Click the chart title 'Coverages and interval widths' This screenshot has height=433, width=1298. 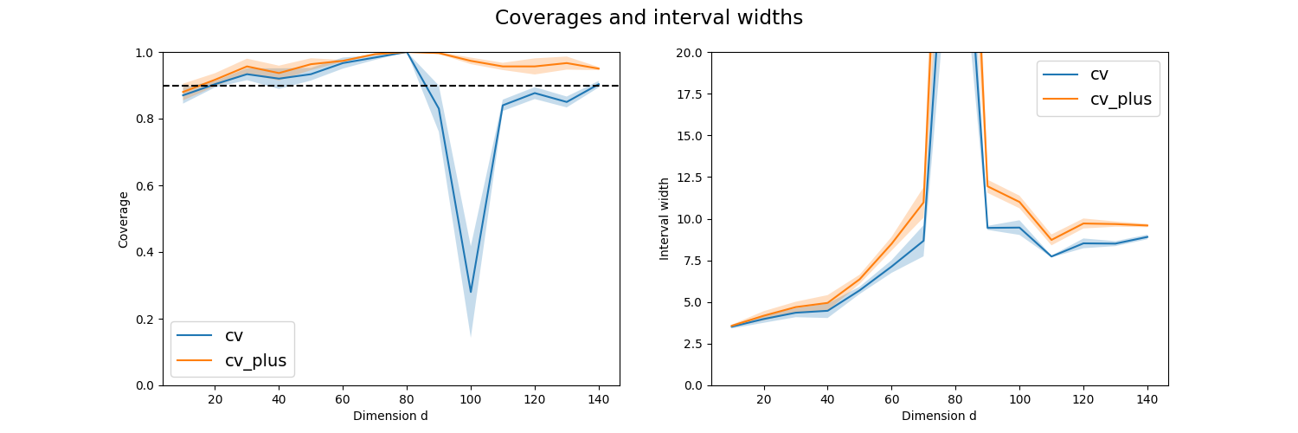coord(649,17)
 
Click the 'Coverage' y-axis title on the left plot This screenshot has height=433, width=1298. coord(123,219)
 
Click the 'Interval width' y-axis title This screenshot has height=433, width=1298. coord(665,219)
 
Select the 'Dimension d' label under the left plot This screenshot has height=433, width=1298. coord(390,416)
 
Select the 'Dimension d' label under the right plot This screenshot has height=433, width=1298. coord(939,416)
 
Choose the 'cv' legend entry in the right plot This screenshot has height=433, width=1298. coord(1099,74)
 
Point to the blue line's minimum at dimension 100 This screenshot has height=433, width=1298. coord(471,292)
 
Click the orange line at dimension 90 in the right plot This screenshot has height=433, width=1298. coord(987,185)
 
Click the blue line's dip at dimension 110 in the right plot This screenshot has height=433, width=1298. coord(1051,256)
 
